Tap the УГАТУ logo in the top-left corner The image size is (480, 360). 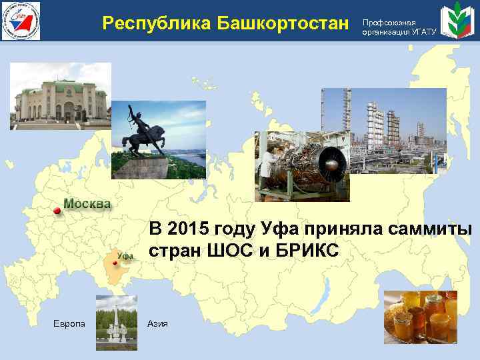21,20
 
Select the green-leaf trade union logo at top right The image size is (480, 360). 458,21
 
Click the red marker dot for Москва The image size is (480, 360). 57,211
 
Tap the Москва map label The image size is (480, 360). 87,203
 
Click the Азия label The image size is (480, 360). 159,323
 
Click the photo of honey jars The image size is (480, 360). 420,316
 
